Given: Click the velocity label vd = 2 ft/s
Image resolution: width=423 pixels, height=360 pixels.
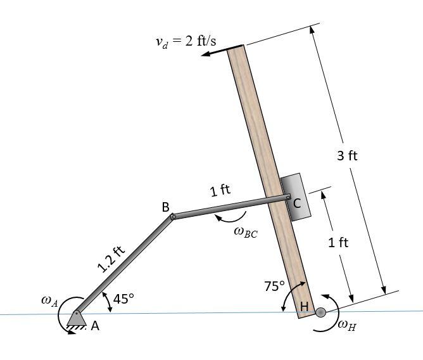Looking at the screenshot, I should [186, 42].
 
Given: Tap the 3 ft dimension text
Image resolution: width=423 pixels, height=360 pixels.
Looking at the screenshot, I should [347, 156].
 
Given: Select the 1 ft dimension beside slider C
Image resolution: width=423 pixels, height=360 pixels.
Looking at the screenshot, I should [338, 242].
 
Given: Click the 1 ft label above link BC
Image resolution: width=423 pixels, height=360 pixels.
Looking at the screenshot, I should [220, 190].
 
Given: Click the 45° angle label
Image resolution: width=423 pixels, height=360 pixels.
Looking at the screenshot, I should [123, 299].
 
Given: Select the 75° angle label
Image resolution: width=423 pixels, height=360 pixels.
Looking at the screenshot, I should [275, 286].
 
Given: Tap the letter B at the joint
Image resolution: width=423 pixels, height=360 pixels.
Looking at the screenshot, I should [165, 207].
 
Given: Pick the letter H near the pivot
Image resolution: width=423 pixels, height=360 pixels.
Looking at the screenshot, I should [304, 307].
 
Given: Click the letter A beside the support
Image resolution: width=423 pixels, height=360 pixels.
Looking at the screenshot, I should [95, 326].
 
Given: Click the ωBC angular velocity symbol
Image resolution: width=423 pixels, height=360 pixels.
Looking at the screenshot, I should [245, 232].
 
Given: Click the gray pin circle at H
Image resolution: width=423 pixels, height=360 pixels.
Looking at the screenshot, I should [320, 312].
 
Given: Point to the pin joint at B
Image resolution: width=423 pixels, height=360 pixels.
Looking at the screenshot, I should [174, 217].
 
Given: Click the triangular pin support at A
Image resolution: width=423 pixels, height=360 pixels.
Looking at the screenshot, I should [76, 318].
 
